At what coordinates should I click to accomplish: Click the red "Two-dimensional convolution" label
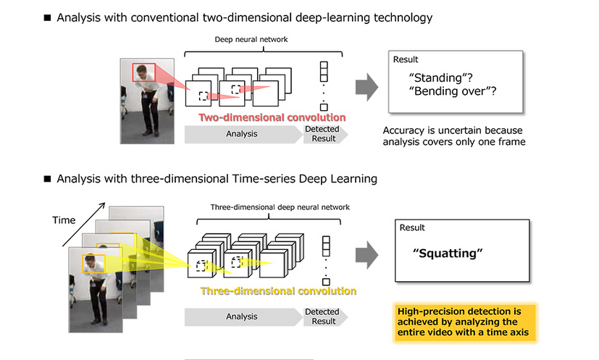point(272,117)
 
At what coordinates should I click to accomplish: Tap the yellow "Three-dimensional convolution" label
point(278,291)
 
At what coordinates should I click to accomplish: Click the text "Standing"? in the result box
point(438,77)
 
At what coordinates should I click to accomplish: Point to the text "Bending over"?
point(457,91)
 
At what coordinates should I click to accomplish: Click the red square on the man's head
point(143,73)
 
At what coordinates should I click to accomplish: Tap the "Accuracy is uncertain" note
point(454,137)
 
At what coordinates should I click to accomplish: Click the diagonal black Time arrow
point(80,224)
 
